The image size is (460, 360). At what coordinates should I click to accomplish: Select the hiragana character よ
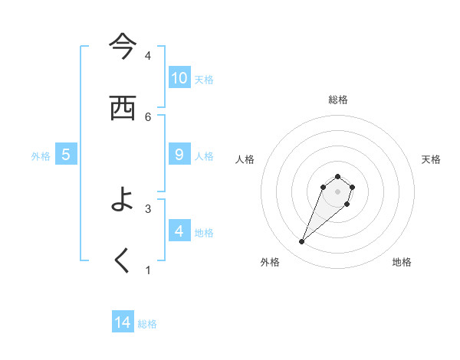click(123, 200)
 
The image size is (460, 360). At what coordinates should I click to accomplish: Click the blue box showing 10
click(179, 77)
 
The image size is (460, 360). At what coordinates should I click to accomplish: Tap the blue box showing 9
click(179, 154)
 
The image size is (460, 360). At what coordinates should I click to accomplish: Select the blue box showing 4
click(179, 231)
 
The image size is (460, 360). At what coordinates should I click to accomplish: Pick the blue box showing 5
click(66, 154)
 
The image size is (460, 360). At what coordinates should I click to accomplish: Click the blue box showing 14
click(123, 322)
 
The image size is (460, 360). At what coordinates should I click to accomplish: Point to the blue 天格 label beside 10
click(204, 79)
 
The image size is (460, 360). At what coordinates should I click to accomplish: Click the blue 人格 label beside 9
click(204, 155)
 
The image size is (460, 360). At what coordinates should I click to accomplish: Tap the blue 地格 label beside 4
click(204, 232)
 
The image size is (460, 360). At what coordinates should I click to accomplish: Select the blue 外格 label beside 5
click(41, 155)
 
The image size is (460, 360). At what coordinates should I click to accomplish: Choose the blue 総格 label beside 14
click(147, 324)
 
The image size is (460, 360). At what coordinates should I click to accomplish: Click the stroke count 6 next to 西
click(148, 116)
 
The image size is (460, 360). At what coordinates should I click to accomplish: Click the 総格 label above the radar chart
click(338, 100)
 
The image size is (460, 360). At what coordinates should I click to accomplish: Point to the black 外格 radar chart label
click(270, 262)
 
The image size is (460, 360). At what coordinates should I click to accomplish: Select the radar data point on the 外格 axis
click(302, 242)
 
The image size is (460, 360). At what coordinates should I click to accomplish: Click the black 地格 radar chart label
click(402, 262)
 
